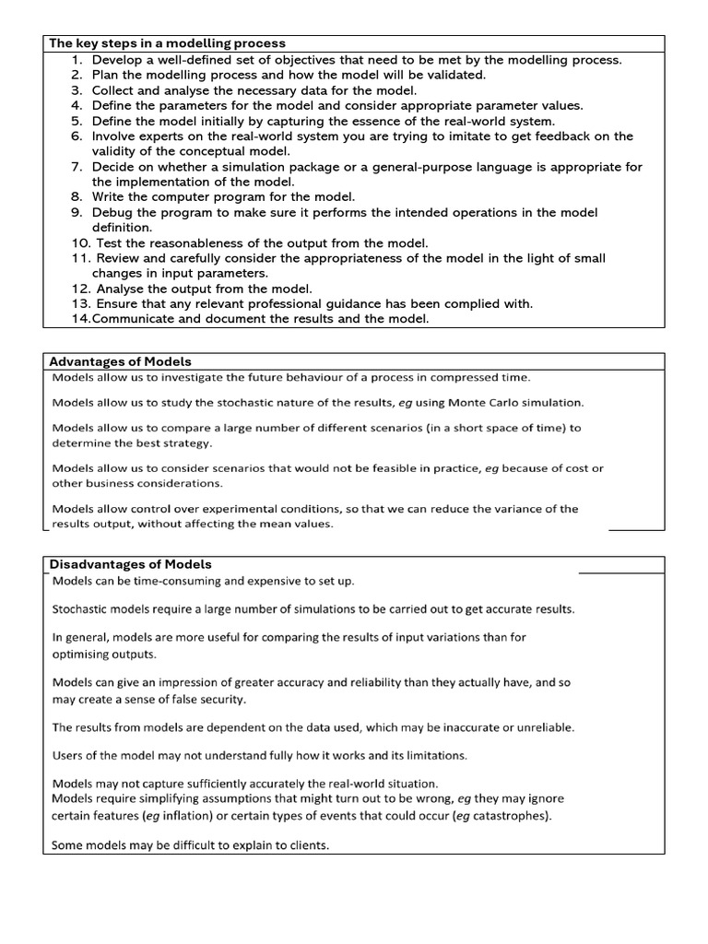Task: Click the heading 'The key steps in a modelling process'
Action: click(x=167, y=43)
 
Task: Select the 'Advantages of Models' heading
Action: click(x=122, y=361)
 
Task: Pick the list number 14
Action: click(x=79, y=318)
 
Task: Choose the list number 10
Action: click(x=80, y=242)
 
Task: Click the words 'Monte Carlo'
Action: click(x=518, y=403)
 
